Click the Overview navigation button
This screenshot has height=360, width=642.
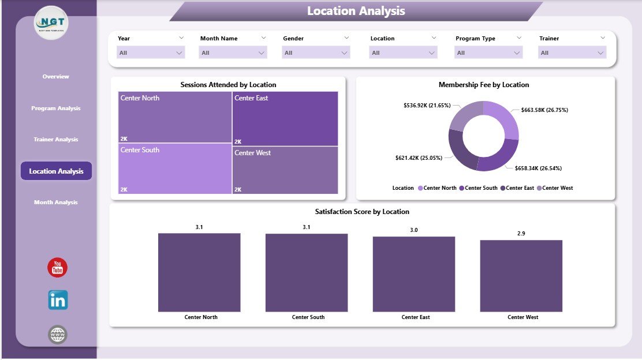tap(56, 77)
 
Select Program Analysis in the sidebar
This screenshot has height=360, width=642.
tap(56, 108)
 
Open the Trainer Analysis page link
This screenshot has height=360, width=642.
tap(56, 140)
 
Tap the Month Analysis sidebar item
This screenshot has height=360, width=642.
tap(56, 202)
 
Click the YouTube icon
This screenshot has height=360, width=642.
tap(58, 268)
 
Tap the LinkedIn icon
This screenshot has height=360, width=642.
tap(58, 300)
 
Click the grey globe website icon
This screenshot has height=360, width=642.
tap(58, 335)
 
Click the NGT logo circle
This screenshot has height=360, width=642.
tap(51, 23)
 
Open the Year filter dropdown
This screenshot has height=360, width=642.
tap(151, 53)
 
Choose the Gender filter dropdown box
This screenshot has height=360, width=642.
tap(316, 53)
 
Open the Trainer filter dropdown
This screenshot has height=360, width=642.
tap(572, 53)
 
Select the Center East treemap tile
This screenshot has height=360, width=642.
tap(285, 118)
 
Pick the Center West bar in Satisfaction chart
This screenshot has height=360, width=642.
tap(521, 276)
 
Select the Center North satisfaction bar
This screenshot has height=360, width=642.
tap(199, 272)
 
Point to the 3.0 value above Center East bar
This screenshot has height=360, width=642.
tap(413, 230)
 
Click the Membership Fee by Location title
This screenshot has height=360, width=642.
tap(484, 85)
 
